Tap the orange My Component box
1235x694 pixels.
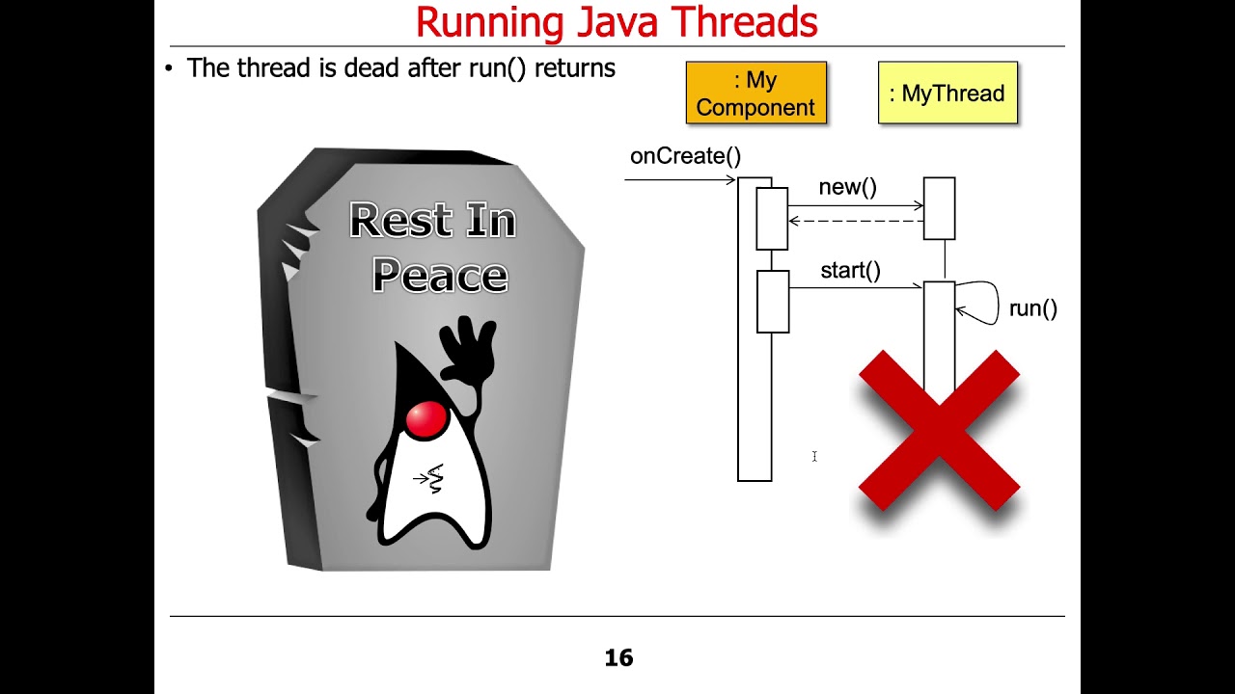(755, 93)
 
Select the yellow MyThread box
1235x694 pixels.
(947, 93)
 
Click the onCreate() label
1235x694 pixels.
(685, 156)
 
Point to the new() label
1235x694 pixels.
(847, 187)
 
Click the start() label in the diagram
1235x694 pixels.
(850, 271)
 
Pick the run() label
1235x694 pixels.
(1032, 308)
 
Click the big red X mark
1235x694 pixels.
(939, 430)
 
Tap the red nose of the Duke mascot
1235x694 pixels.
(425, 418)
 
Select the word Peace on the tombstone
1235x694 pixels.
(440, 276)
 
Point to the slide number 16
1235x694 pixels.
(618, 657)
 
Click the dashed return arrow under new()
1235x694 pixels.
(856, 222)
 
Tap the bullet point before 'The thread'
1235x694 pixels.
(170, 68)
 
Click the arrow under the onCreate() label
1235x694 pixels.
(680, 179)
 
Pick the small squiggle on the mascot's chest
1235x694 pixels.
(434, 478)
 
